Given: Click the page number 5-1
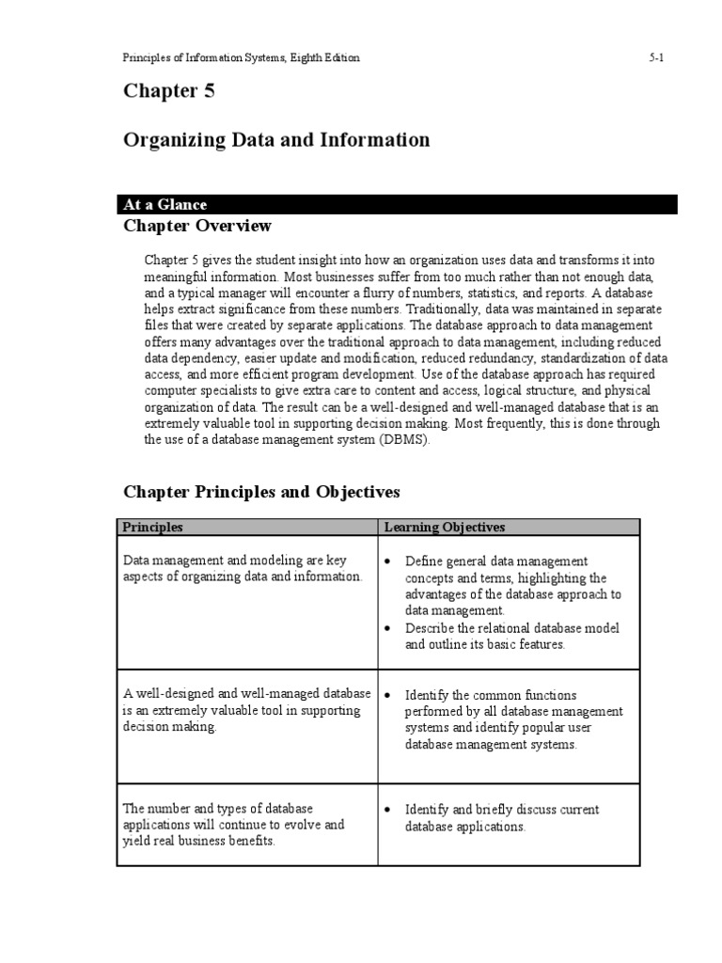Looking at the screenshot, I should tap(656, 58).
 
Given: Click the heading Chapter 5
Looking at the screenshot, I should tap(169, 91).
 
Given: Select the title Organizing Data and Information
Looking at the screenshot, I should tap(276, 140).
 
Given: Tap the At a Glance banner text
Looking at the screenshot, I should tap(165, 204).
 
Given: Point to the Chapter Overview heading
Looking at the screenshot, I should tap(197, 226).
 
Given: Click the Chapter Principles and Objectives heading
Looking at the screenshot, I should tap(262, 492).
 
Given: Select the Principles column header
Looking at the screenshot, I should tap(153, 528).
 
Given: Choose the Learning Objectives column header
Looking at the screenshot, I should tap(444, 528).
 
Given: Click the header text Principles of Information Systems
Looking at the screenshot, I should tap(207, 58).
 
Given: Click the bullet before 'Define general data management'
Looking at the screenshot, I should tap(388, 561).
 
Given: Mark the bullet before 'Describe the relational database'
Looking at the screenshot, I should tap(388, 628).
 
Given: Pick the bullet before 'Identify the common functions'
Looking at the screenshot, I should tap(388, 695).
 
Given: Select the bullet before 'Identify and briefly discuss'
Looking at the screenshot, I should tap(388, 810).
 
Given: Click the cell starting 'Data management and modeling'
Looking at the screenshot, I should tap(242, 569).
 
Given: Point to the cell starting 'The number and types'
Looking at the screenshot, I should tap(233, 825).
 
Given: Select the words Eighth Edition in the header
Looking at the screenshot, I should tap(327, 58).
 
